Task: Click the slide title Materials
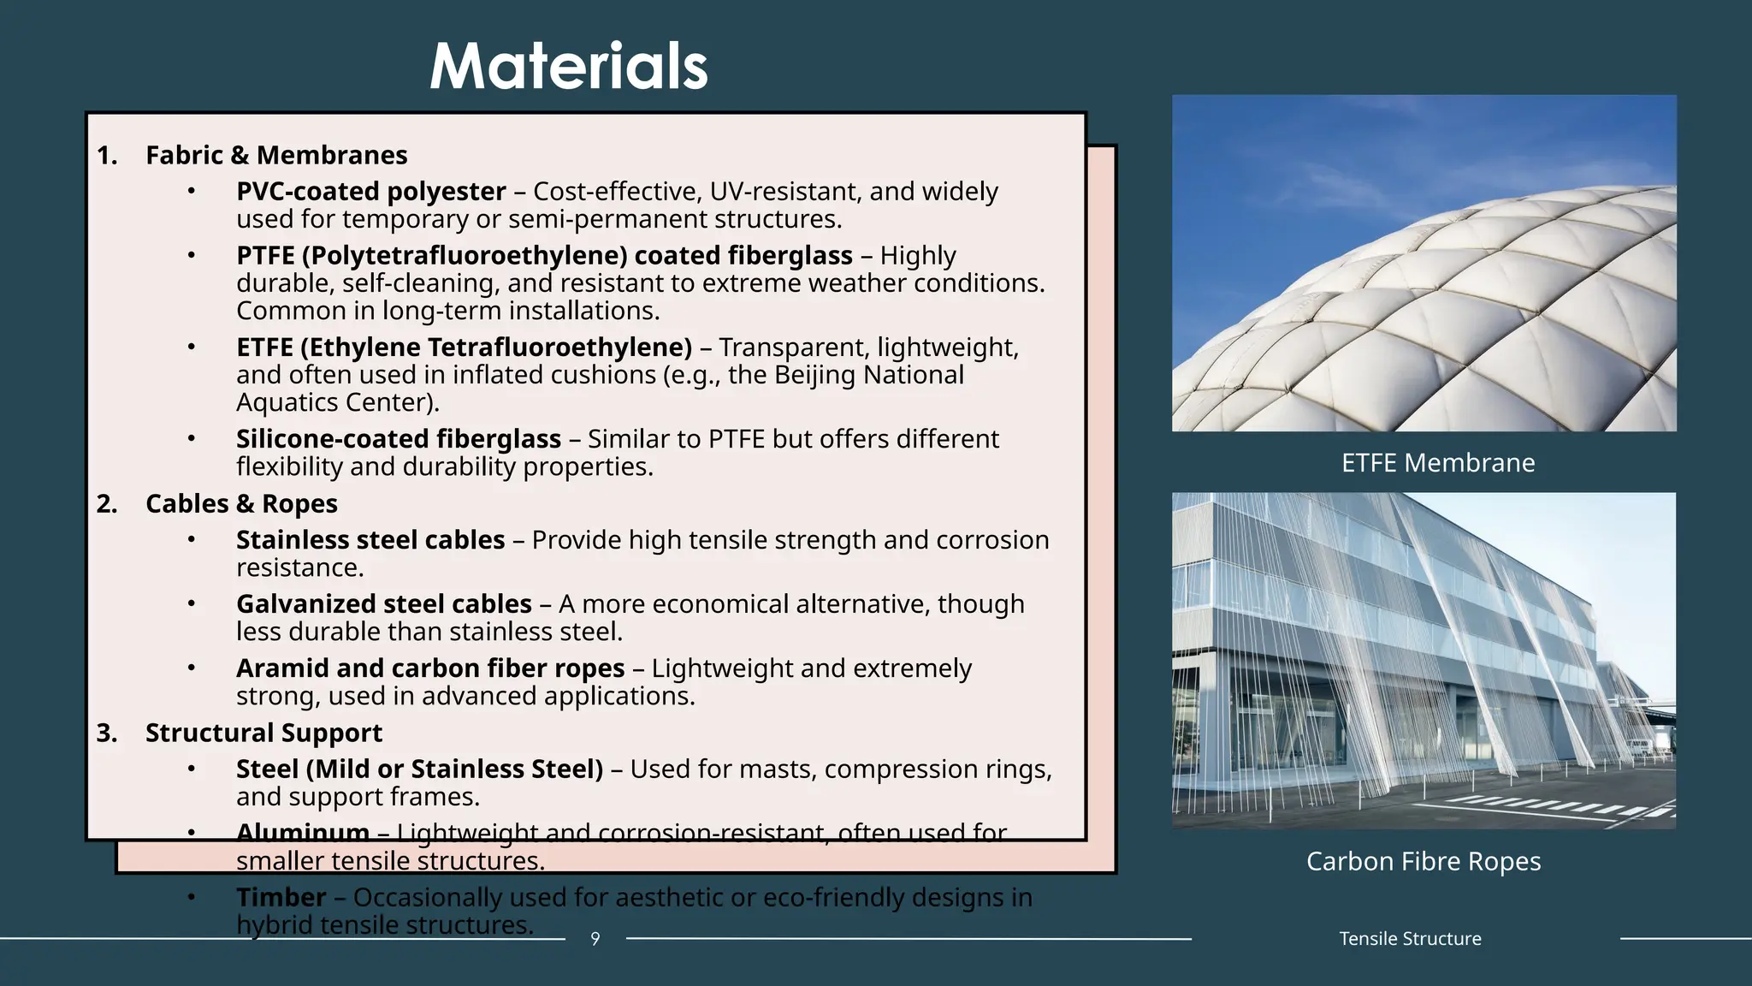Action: tap(569, 66)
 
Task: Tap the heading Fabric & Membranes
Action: tap(276, 155)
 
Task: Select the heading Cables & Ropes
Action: tap(241, 503)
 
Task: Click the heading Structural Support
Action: tap(263, 733)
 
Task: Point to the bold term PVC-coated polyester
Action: tap(371, 191)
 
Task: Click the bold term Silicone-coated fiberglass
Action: tap(399, 438)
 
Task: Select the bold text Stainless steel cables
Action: tap(370, 540)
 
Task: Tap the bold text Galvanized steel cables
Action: tap(384, 604)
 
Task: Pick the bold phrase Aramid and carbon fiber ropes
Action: tap(430, 668)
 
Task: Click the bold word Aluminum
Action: tap(303, 832)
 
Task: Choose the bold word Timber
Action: tap(281, 897)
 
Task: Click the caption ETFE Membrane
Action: tap(1438, 463)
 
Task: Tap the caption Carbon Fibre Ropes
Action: tap(1423, 861)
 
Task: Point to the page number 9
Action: tap(595, 939)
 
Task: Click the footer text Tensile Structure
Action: tap(1410, 939)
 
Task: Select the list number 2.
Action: tap(106, 503)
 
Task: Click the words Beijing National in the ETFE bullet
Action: tap(869, 375)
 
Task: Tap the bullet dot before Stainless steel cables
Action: tap(192, 539)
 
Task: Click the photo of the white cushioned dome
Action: tap(1423, 263)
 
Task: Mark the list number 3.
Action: tap(106, 733)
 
